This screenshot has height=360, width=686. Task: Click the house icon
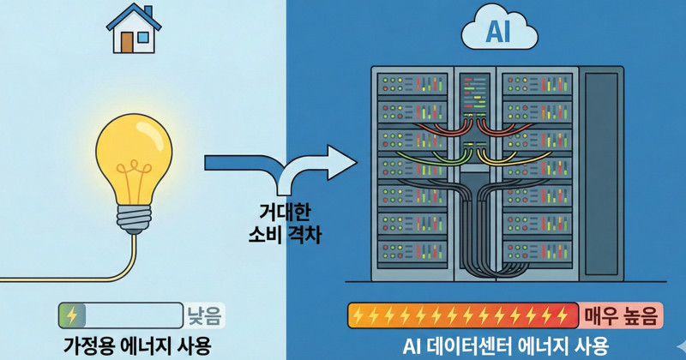pos(134,29)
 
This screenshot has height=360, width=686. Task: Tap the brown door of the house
pos(127,40)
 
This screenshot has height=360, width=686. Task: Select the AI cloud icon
pos(499,32)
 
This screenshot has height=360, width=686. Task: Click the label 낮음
pos(205,315)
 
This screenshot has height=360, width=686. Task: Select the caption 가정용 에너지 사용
pos(136,345)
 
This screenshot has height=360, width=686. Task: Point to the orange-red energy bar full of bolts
pos(464,315)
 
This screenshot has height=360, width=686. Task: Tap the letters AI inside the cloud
pos(498,33)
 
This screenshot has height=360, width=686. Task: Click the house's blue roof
pos(134,16)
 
